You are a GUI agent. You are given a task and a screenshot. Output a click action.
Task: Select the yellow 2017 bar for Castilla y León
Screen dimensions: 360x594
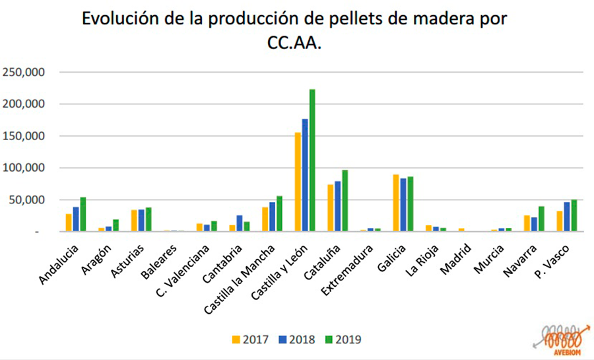point(298,182)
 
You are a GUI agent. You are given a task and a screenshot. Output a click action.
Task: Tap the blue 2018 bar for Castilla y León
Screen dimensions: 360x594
point(305,175)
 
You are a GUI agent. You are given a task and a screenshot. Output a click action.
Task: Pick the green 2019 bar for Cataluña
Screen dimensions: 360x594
point(345,201)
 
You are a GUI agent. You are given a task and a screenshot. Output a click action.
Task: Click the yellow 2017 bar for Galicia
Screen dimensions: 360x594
point(395,203)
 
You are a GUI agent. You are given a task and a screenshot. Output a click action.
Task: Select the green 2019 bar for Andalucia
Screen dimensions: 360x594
point(83,215)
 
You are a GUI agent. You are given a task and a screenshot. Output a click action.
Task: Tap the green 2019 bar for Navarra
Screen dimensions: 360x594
point(541,219)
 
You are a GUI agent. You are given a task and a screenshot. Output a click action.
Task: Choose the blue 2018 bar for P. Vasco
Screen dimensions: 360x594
point(566,217)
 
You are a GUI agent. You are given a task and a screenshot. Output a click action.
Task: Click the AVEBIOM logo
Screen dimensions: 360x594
point(560,338)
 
